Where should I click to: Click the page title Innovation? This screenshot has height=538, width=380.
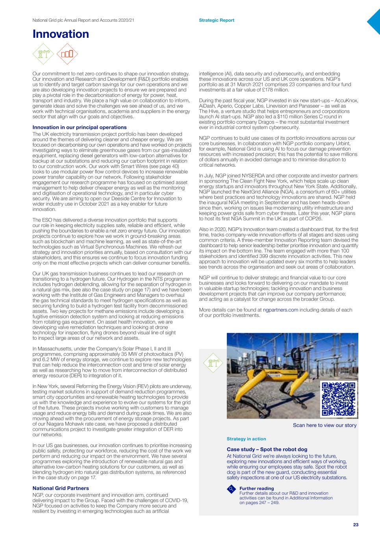pyautogui.click(x=61, y=34)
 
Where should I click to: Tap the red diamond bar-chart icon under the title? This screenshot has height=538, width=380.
pyautogui.click(x=67, y=54)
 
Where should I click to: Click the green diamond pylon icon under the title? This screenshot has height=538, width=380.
pyautogui.click(x=44, y=54)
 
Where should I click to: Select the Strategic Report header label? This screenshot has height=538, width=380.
pyautogui.click(x=216, y=20)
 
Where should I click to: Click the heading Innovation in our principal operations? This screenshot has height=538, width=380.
pyautogui.click(x=80, y=127)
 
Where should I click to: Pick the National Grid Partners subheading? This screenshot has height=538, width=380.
pyautogui.click(x=61, y=488)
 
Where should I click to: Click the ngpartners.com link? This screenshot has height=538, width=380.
pyautogui.click(x=280, y=310)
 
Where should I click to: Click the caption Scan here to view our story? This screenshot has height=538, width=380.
pyautogui.click(x=324, y=425)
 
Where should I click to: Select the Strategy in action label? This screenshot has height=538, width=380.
pyautogui.click(x=246, y=439)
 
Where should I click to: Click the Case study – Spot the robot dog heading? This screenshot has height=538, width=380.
pyautogui.click(x=267, y=449)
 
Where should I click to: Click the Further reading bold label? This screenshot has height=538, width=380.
pyautogui.click(x=256, y=488)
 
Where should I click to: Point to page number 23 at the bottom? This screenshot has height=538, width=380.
pyautogui.click(x=356, y=525)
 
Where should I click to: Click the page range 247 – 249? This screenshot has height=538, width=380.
pyautogui.click(x=265, y=503)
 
